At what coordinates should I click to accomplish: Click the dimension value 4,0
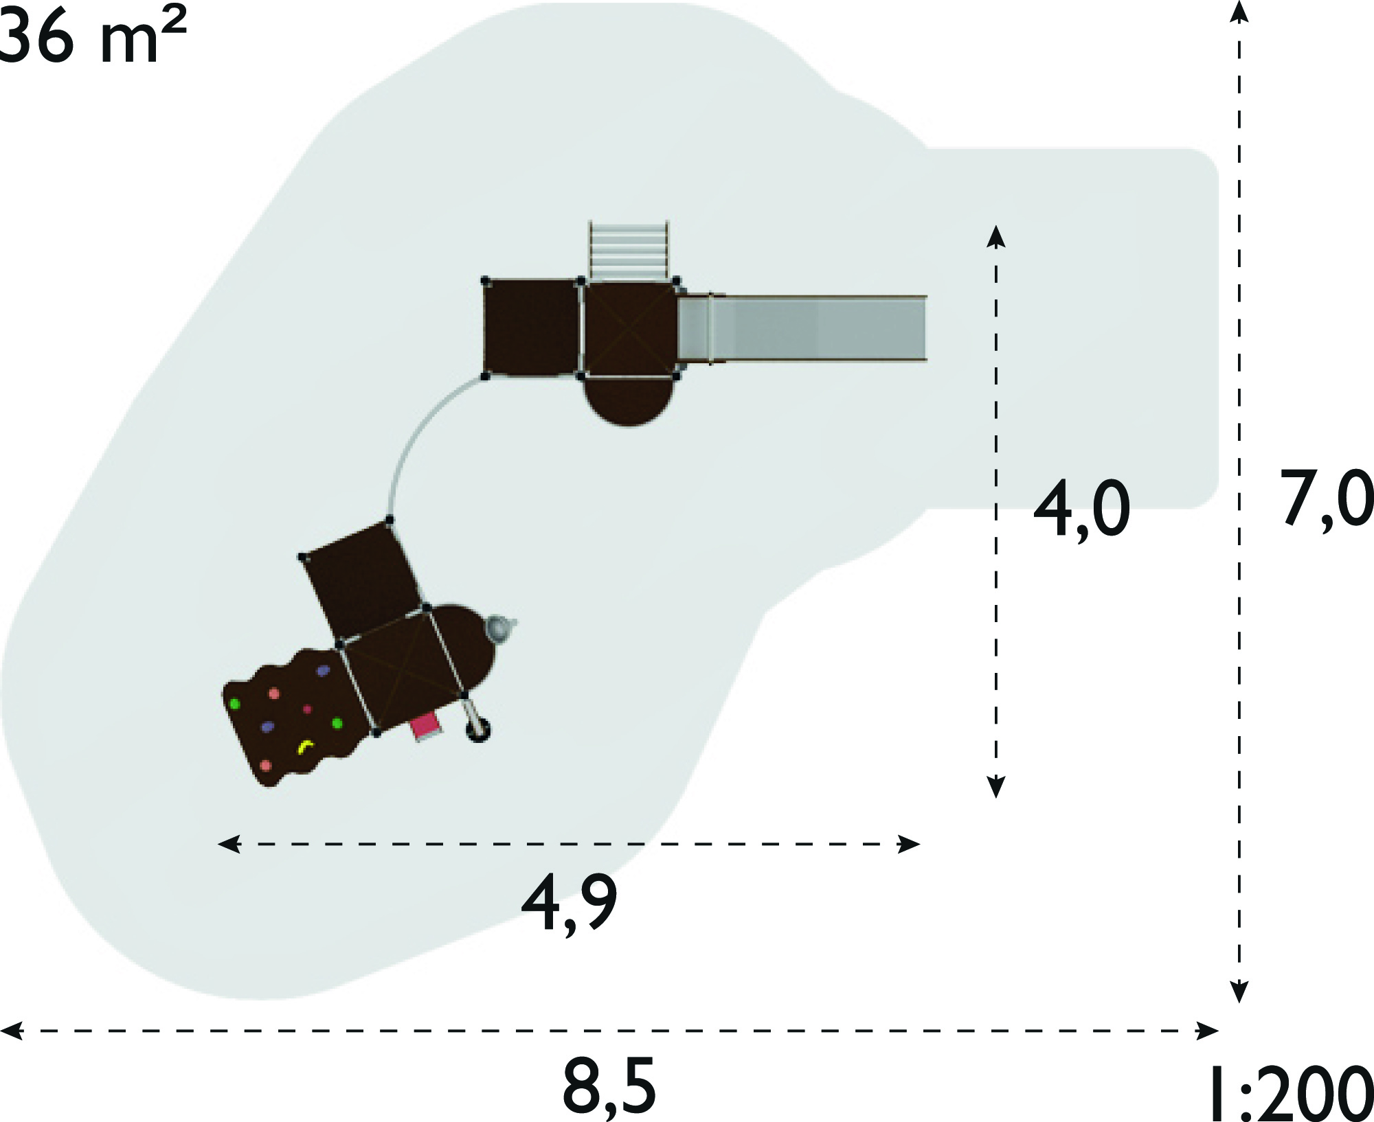1081,509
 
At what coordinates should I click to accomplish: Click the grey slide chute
802,328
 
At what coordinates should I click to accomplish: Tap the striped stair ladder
628,251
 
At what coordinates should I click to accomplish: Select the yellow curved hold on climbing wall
305,747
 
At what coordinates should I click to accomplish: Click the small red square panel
426,726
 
